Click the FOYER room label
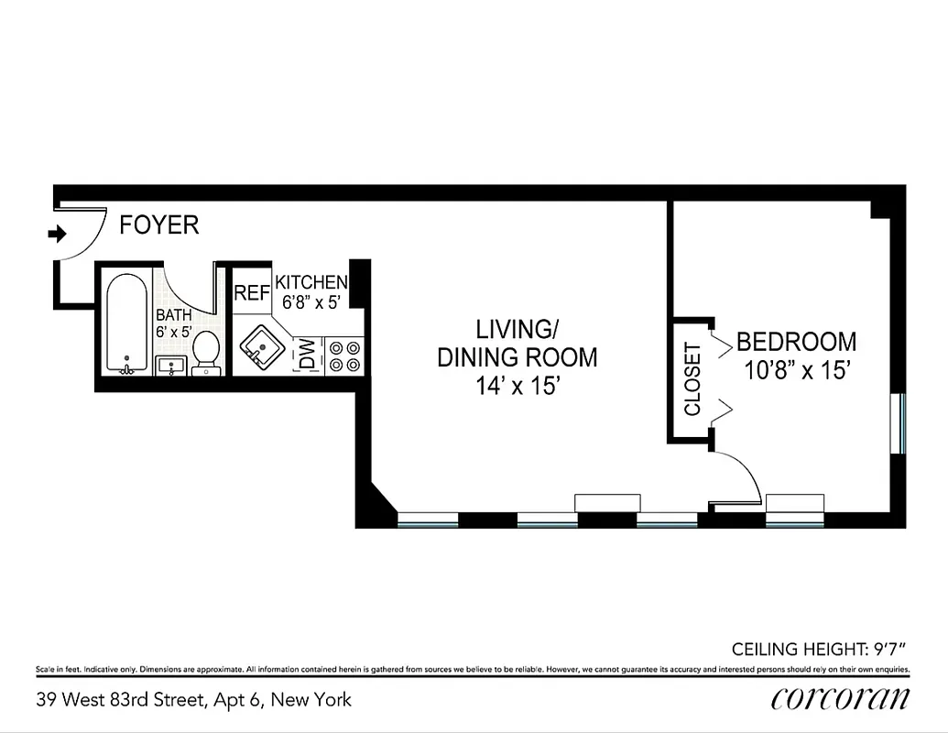pos(159,224)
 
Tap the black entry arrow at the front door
pos(58,235)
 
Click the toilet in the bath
pos(206,354)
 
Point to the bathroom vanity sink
pos(171,366)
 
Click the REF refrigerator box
pos(252,293)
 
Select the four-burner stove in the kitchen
pos(344,356)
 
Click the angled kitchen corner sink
pos(259,348)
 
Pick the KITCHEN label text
pos(311,282)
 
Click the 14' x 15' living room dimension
pos(517,387)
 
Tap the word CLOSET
pos(692,378)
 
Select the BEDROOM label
pos(796,342)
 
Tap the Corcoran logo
pos(840,698)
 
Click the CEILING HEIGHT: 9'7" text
pos(818,650)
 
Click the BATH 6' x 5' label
pos(173,323)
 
